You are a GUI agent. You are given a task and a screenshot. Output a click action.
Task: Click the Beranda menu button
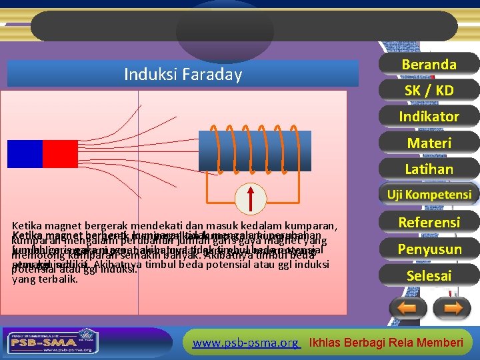(x=429, y=64)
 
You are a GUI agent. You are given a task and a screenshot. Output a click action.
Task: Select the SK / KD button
(x=429, y=90)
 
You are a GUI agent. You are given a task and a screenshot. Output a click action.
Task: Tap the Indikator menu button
(x=429, y=117)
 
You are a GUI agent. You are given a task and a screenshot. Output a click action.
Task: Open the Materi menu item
(x=429, y=143)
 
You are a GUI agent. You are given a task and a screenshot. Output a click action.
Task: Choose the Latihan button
(x=429, y=169)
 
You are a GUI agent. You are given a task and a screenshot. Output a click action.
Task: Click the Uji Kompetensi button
(x=429, y=195)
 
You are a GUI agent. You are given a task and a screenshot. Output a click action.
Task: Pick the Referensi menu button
(x=429, y=222)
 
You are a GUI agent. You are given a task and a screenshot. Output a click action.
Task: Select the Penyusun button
(x=429, y=249)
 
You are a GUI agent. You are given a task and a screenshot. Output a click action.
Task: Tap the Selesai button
(x=429, y=275)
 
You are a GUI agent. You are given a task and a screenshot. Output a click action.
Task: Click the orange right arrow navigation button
(x=451, y=309)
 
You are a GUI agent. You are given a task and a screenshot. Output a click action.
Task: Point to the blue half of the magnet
(x=25, y=154)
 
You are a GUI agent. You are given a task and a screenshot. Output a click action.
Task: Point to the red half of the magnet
(x=61, y=154)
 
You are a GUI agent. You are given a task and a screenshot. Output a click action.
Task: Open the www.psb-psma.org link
(x=245, y=343)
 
